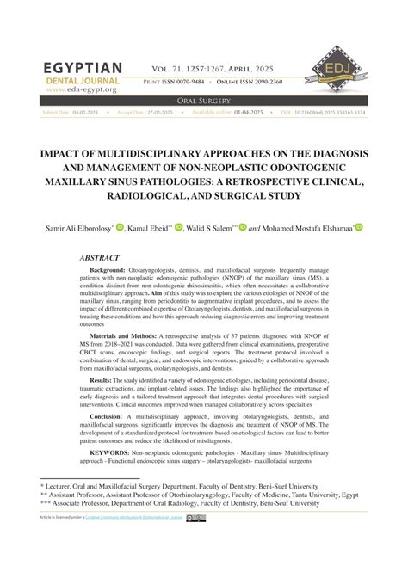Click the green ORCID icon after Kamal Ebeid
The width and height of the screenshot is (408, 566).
click(x=178, y=228)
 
